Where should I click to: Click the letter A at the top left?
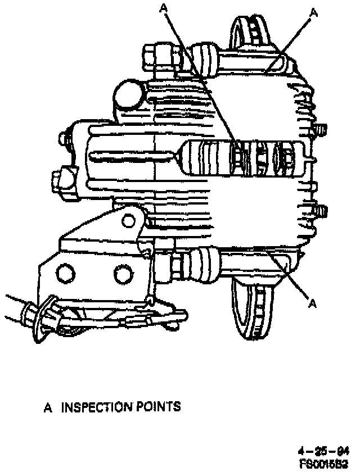164,7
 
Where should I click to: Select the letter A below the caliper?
313,305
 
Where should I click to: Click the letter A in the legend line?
48,407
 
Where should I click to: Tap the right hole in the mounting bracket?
122,274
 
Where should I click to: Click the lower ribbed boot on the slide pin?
202,264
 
